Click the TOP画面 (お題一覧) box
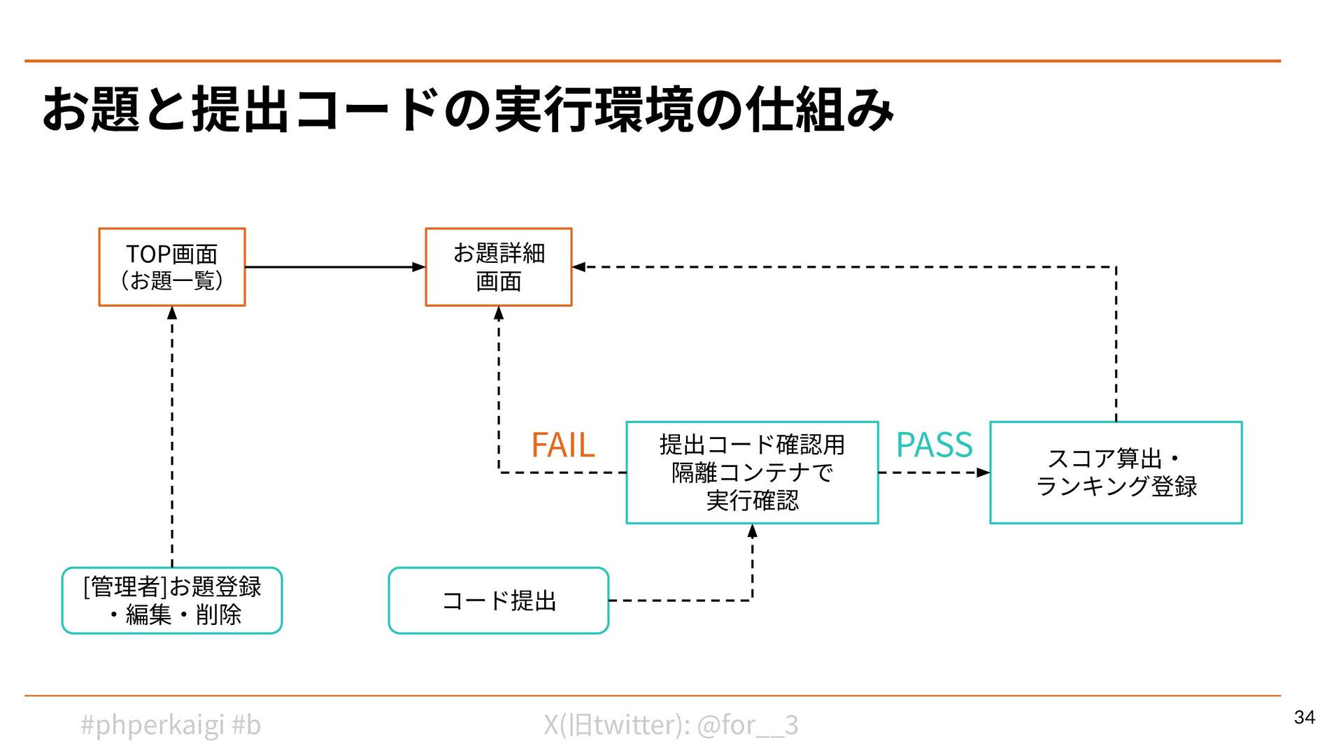(x=171, y=267)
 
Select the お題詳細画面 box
(x=498, y=267)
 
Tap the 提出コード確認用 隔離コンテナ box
(x=752, y=473)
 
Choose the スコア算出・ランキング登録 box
(x=1116, y=473)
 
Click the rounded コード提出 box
(x=498, y=601)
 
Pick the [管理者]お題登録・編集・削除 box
(x=171, y=601)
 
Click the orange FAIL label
(x=562, y=445)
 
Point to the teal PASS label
(x=934, y=445)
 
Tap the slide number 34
(x=1304, y=717)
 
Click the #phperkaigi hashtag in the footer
(x=152, y=725)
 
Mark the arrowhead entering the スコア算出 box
(x=983, y=473)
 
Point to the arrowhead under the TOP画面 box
(x=172, y=313)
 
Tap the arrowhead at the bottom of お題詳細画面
(x=499, y=313)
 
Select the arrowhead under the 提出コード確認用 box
(x=752, y=531)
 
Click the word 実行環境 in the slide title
(x=595, y=110)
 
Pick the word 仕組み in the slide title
(x=819, y=110)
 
